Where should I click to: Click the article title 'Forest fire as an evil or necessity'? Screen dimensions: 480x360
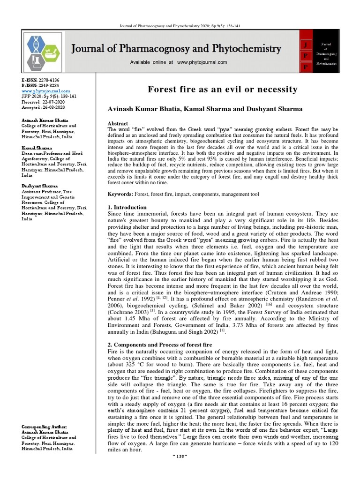tap(223, 89)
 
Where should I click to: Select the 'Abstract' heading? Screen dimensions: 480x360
tap(118, 123)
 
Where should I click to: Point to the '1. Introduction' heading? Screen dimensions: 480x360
tap(127, 207)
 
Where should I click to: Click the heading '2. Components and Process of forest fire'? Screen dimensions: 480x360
tap(160, 345)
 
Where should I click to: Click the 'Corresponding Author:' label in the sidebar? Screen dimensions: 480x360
tap(45, 427)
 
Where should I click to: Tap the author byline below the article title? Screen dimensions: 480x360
tap(205, 109)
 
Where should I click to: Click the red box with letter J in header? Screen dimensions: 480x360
tap(306, 45)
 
